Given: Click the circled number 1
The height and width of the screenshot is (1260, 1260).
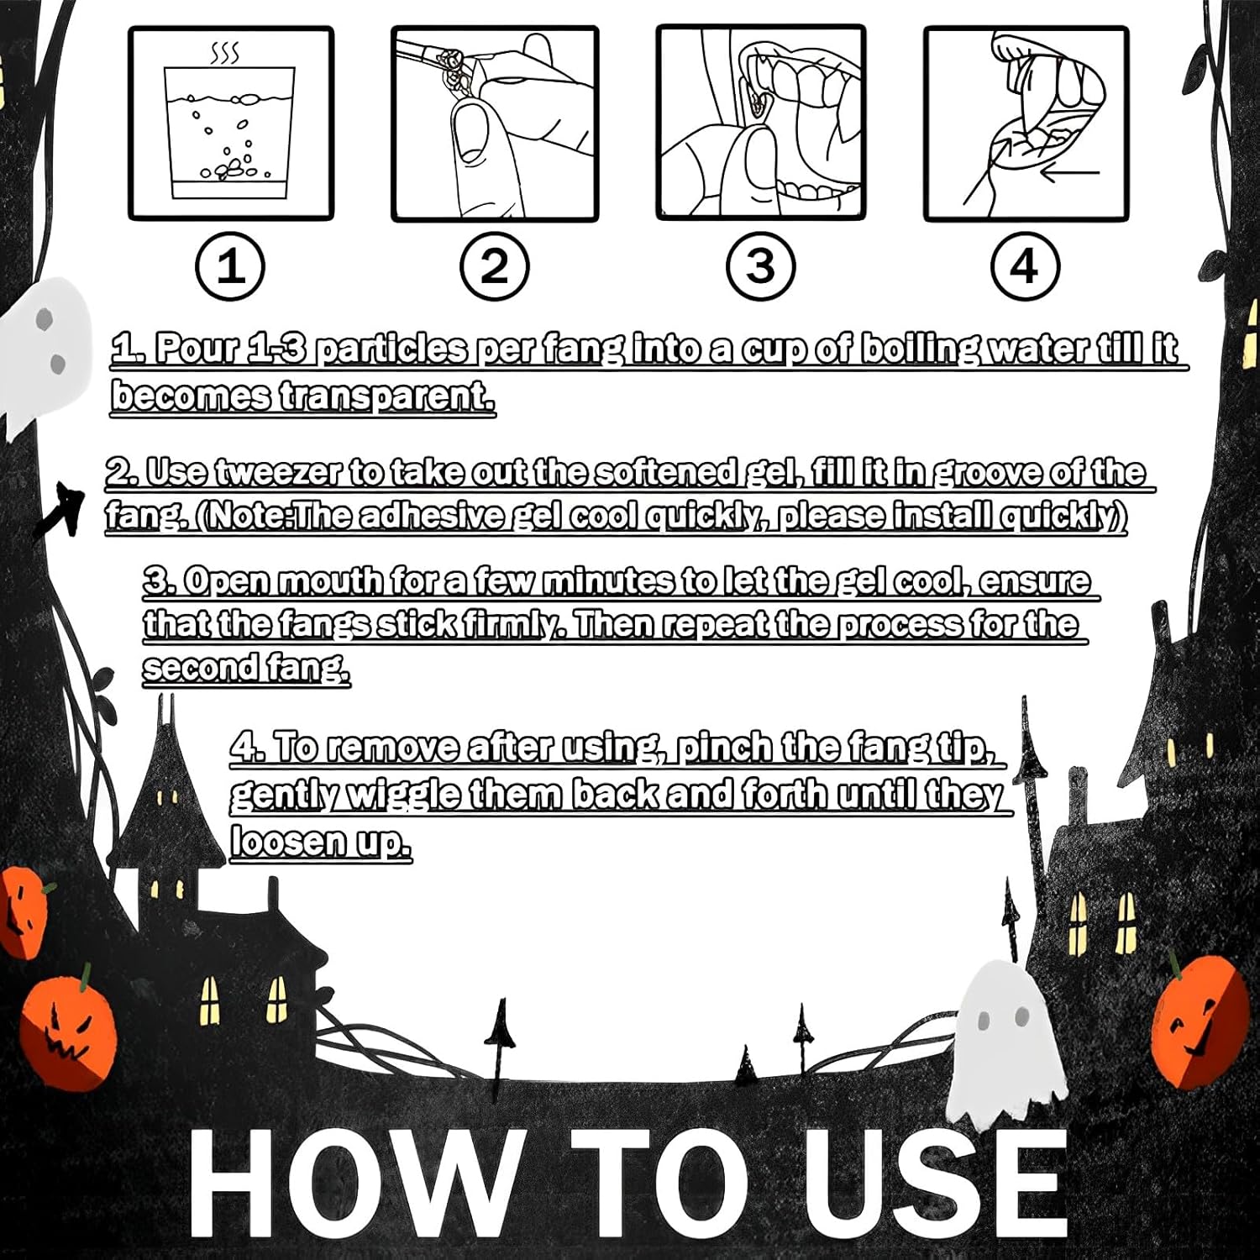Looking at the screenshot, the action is point(230,267).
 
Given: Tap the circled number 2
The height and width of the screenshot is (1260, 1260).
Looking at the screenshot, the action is point(495,267).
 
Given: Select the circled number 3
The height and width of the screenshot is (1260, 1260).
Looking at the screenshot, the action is point(760,267).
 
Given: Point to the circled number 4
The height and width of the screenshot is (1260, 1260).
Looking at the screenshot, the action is point(1024,267).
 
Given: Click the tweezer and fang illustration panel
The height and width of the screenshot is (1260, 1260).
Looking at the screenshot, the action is point(495,123).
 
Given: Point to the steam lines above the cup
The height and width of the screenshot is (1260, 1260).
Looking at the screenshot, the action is point(225,55).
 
